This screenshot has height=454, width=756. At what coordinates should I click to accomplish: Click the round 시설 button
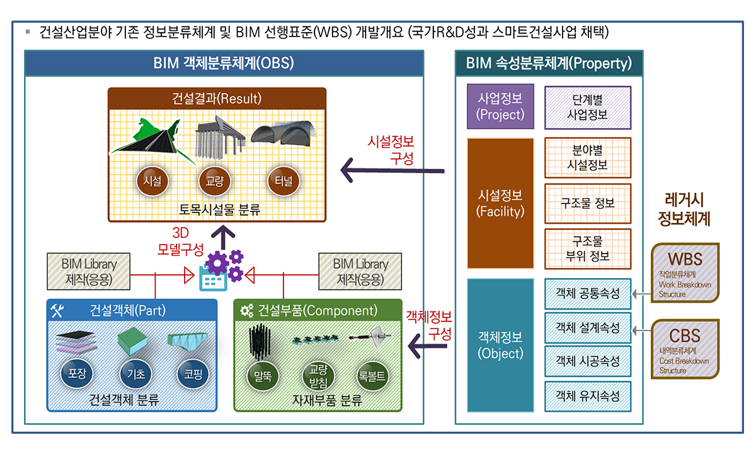[152, 182]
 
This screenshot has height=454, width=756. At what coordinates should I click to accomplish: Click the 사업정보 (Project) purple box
[501, 107]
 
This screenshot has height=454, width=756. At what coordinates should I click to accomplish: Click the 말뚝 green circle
[263, 376]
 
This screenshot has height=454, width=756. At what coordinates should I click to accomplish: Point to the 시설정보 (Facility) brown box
[501, 203]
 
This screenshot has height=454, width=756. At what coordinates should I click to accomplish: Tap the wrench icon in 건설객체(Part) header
[57, 310]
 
